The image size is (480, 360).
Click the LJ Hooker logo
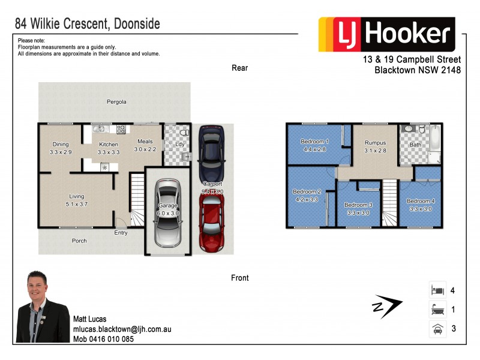(x=387, y=35)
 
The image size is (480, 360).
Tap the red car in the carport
(x=211, y=221)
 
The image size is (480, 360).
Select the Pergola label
(x=117, y=102)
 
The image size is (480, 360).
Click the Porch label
(x=79, y=241)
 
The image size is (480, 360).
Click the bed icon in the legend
(x=436, y=290)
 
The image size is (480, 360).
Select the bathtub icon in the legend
(x=436, y=310)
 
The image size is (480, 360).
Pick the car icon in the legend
(x=436, y=329)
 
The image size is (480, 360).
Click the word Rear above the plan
(x=240, y=68)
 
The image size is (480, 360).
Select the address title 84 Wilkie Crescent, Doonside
(x=87, y=25)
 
